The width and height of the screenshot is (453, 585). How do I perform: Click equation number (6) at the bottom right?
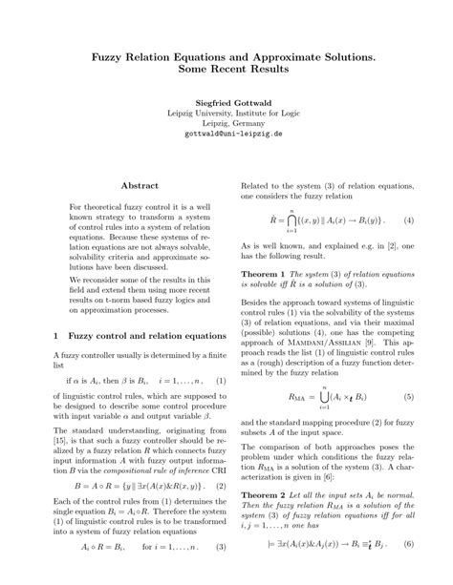[x=408, y=548]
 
